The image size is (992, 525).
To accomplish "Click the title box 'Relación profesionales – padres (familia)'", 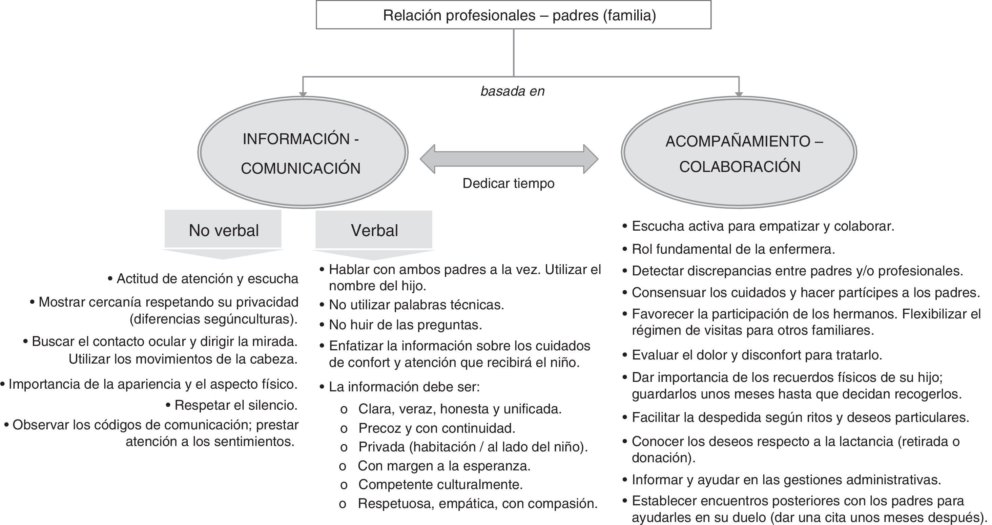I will pos(513,15).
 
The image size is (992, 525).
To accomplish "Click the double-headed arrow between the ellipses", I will pos(509,159).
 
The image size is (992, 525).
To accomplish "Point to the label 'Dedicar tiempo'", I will pos(508,183).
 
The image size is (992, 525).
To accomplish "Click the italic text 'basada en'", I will pos(512,91).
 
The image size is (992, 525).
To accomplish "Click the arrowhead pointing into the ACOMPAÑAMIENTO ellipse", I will pos(739,94).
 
